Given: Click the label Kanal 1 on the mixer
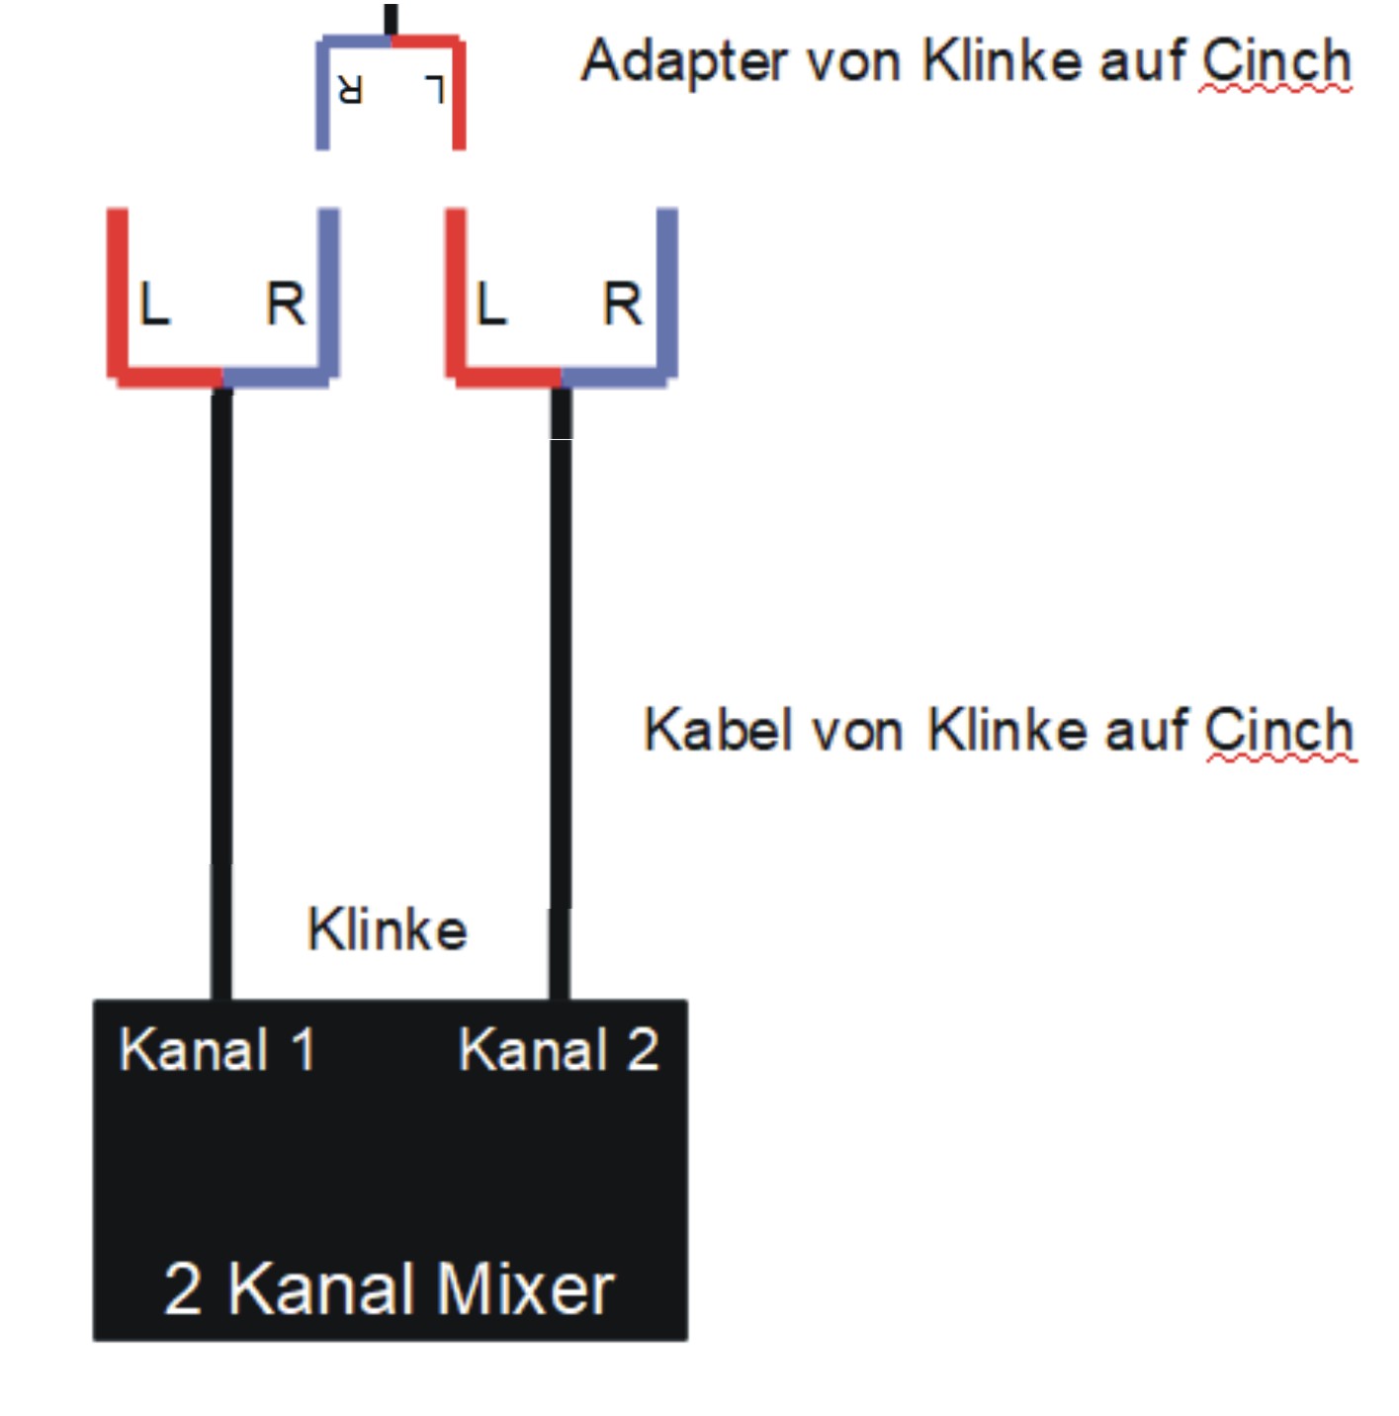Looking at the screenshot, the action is tap(218, 1049).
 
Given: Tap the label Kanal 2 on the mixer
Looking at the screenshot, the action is tap(559, 1049).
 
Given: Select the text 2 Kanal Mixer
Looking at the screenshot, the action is tap(389, 1289).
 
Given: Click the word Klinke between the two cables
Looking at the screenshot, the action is tap(388, 929).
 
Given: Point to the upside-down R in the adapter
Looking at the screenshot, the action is tap(350, 89).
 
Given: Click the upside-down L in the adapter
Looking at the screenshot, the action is tap(435, 89).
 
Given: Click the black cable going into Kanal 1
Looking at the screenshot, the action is tap(221, 693).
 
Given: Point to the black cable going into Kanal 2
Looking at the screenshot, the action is tap(560, 693).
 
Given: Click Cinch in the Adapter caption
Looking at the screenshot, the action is tap(1276, 60).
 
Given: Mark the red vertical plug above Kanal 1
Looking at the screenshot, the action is tap(118, 293).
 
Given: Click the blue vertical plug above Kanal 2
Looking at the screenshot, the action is tap(667, 293).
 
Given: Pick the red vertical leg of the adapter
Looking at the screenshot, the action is tap(459, 93).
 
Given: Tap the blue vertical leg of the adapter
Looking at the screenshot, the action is tap(322, 93).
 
